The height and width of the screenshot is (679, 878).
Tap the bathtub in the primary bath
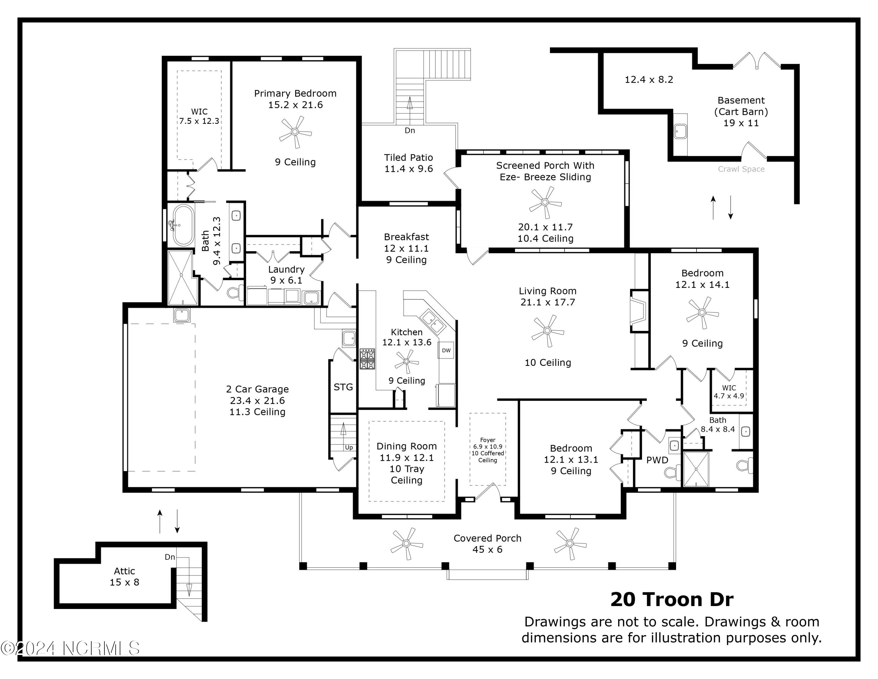pyautogui.click(x=183, y=225)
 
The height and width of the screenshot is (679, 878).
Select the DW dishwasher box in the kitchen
pyautogui.click(x=446, y=350)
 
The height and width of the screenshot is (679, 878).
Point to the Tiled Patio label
pyautogui.click(x=409, y=163)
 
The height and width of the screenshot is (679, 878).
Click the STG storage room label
pyautogui.click(x=343, y=387)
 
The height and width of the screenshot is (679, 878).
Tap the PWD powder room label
pyautogui.click(x=657, y=460)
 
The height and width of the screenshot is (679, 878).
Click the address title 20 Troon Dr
pyautogui.click(x=672, y=599)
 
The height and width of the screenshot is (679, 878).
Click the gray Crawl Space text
pyautogui.click(x=741, y=169)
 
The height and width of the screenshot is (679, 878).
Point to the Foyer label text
pyautogui.click(x=487, y=450)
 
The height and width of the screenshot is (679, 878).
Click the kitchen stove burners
pyautogui.click(x=367, y=359)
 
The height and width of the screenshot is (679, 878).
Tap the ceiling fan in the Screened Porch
pyautogui.click(x=545, y=203)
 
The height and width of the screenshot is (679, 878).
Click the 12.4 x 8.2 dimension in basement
pyautogui.click(x=649, y=80)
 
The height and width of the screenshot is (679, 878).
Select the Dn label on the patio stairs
pyautogui.click(x=410, y=130)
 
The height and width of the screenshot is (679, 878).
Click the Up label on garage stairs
pyautogui.click(x=349, y=447)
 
